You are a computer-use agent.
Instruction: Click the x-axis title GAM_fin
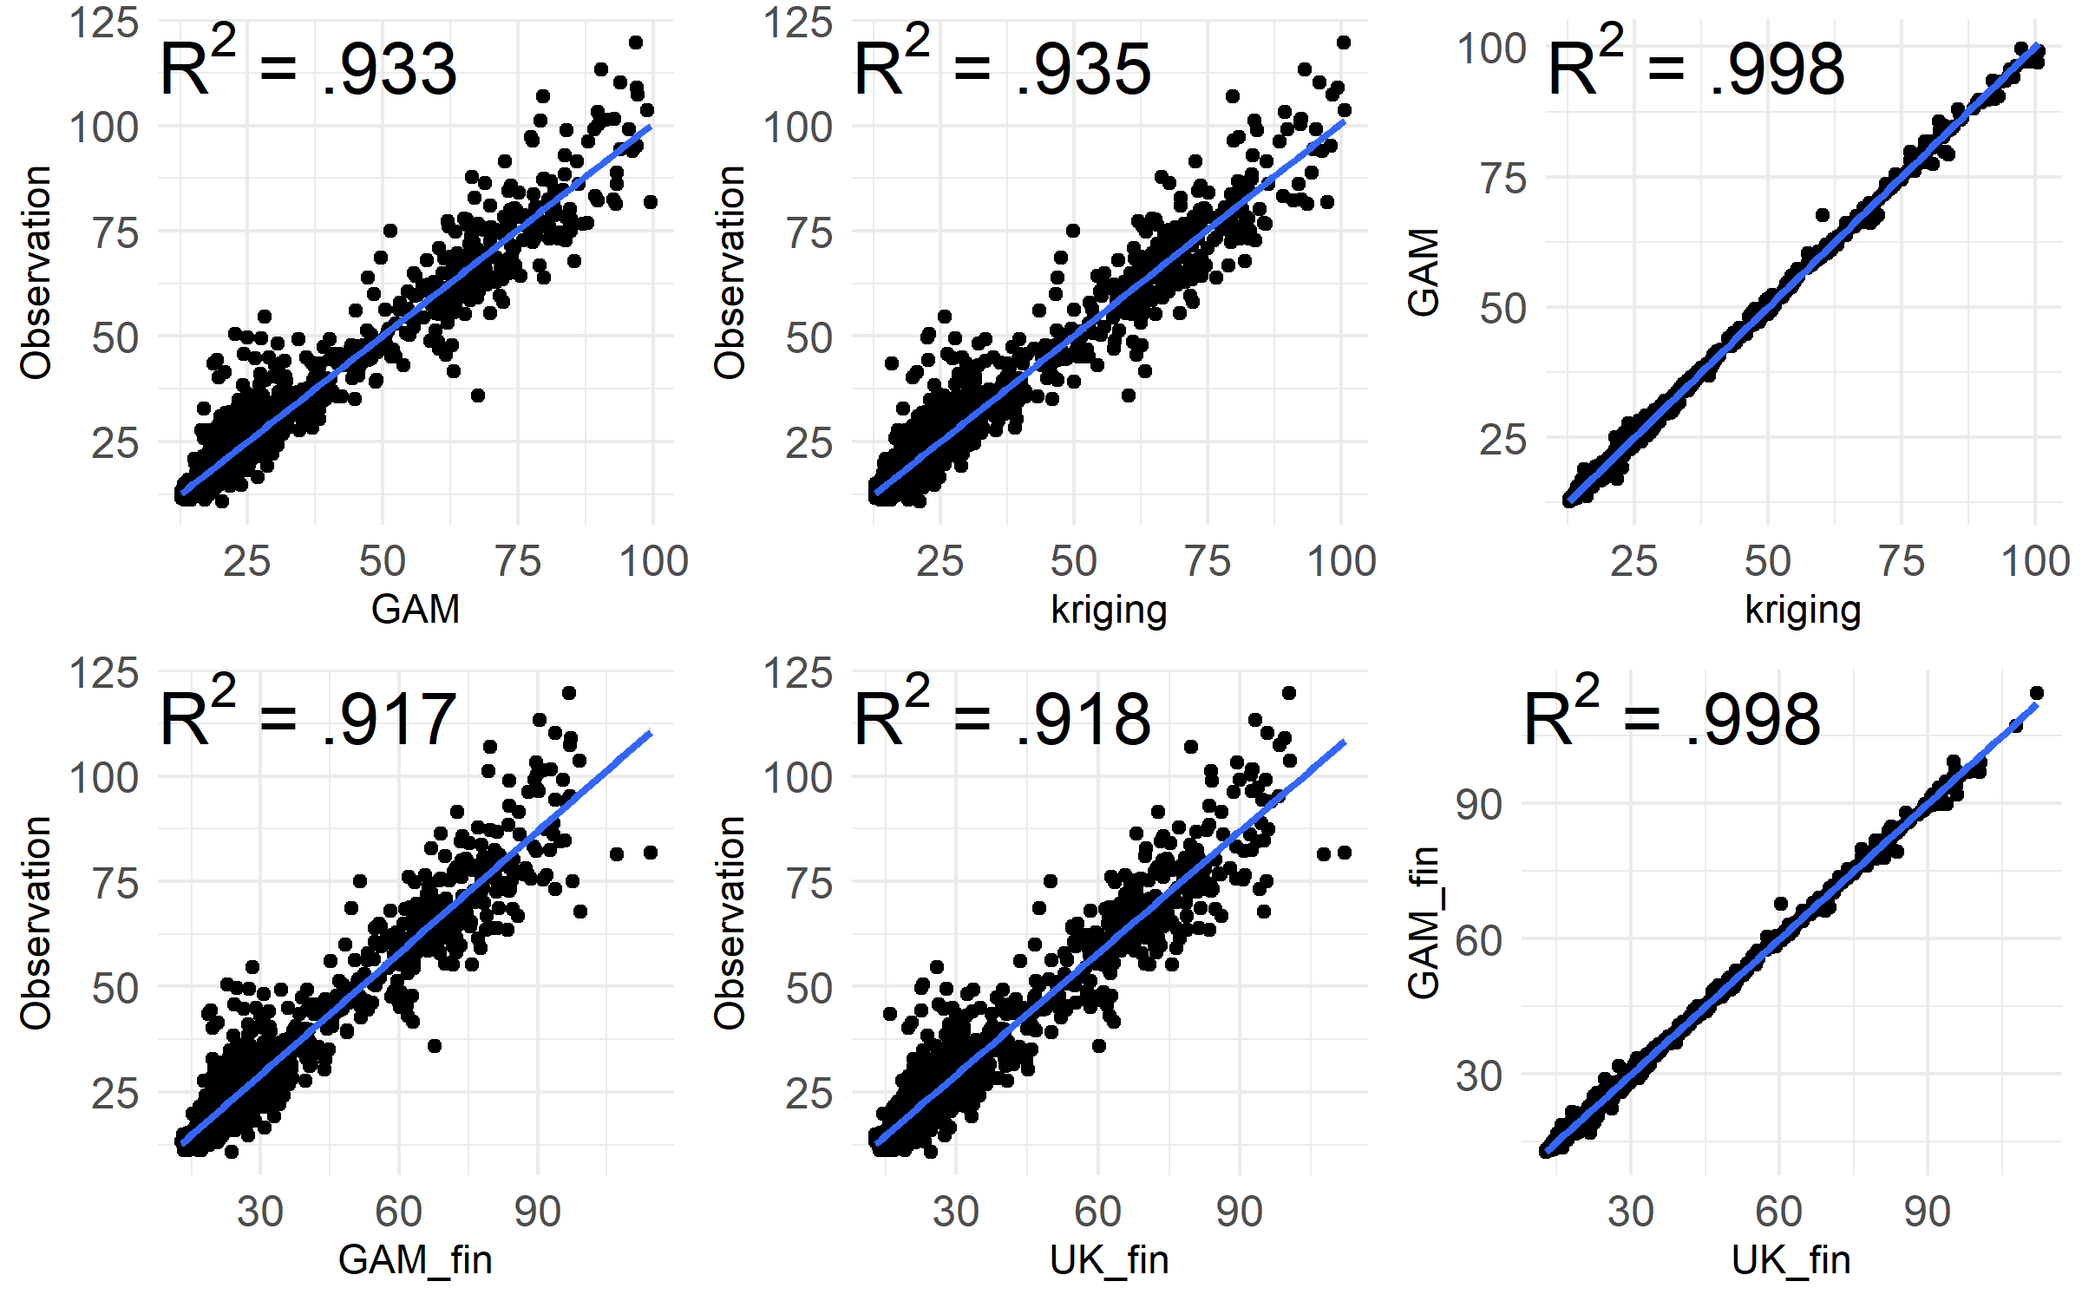[415, 1259]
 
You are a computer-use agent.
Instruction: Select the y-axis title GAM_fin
[1424, 922]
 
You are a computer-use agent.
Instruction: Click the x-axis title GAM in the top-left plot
[415, 609]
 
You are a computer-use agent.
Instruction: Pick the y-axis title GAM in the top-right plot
[1424, 272]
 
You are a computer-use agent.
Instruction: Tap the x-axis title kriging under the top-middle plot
[1109, 609]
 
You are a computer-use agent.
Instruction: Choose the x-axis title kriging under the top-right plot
[1803, 609]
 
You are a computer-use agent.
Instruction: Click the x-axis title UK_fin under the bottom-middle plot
[1109, 1259]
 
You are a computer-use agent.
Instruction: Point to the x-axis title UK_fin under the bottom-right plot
[1791, 1259]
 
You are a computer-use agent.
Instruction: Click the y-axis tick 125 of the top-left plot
[104, 23]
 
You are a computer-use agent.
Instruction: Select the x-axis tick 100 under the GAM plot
[653, 561]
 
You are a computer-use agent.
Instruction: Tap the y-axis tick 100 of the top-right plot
[1491, 49]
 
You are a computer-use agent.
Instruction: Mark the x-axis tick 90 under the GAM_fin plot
[537, 1212]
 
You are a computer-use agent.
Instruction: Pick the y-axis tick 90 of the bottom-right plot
[1479, 805]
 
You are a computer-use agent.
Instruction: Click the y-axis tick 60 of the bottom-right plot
[1479, 940]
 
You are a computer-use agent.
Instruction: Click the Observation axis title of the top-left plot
[36, 272]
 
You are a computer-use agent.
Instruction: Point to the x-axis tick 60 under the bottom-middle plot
[1097, 1212]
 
